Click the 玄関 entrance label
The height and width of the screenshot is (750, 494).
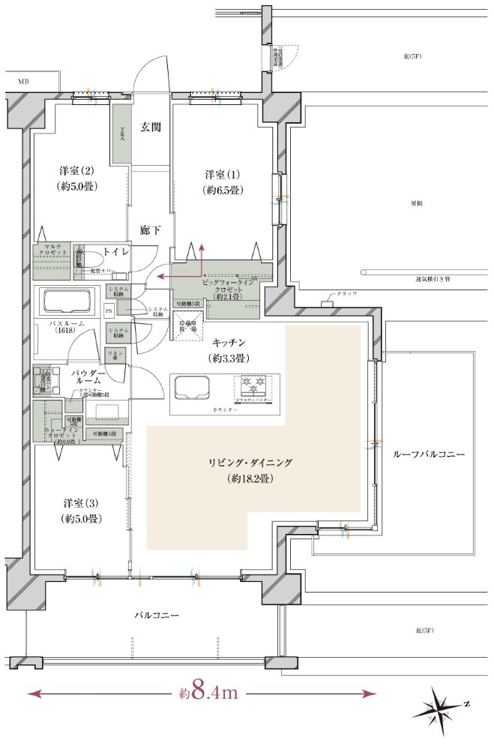click(x=151, y=127)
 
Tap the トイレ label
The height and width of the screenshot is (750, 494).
click(x=116, y=253)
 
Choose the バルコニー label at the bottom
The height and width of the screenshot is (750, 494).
click(x=156, y=615)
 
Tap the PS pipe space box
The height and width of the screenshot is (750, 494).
click(x=109, y=310)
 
